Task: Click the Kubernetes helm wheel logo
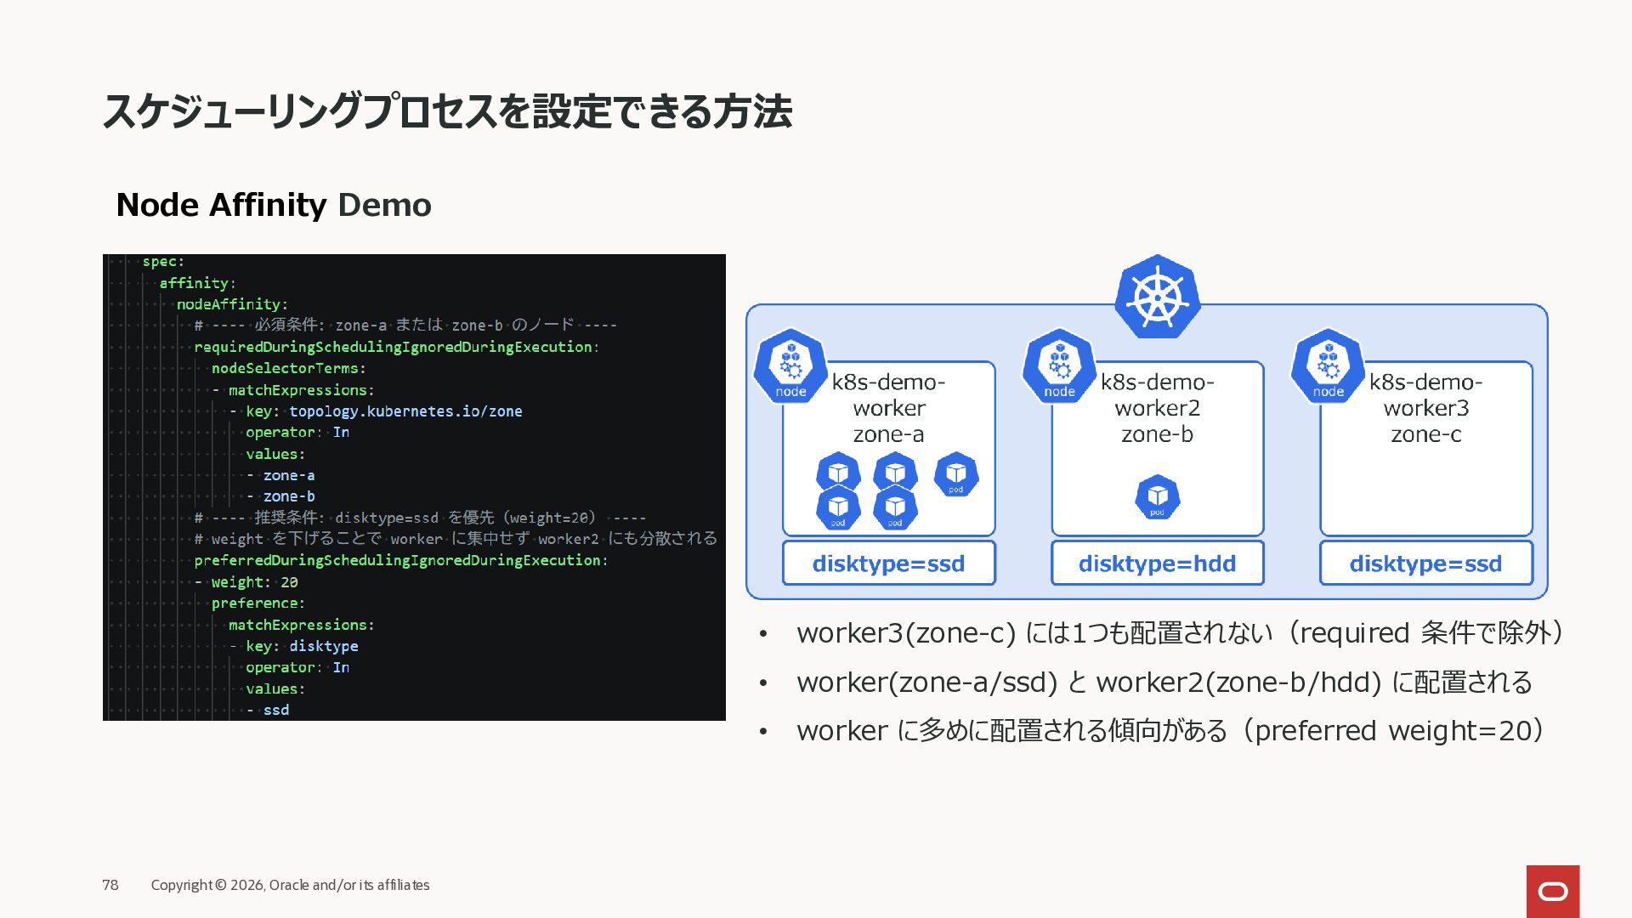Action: coord(1157,297)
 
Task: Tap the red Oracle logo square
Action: coord(1552,891)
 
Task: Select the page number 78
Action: coord(110,885)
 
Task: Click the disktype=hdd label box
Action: coord(1157,564)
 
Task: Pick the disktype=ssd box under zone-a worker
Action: coord(888,564)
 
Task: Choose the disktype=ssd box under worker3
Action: coord(1425,564)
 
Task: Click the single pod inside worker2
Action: coord(1157,497)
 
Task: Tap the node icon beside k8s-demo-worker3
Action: coord(1328,366)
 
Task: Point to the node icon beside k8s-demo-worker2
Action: coord(1059,366)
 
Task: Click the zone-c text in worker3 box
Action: coord(1425,434)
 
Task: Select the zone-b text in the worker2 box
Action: coord(1157,434)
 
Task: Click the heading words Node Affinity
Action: coord(221,205)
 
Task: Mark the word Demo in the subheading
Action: coord(384,205)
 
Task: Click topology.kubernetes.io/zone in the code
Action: coord(405,411)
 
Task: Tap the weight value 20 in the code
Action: coord(289,582)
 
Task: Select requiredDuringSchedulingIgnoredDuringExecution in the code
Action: coord(393,347)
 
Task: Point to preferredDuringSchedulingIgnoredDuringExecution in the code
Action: coord(397,560)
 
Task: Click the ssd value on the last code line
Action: coord(276,710)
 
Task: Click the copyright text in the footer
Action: coord(290,885)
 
